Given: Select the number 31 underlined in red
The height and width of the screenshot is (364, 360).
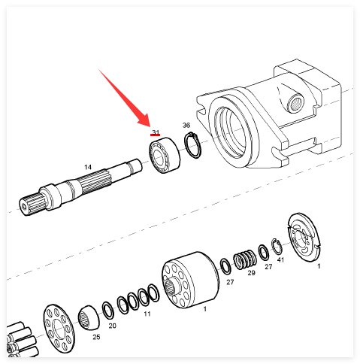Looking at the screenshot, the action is (x=156, y=132).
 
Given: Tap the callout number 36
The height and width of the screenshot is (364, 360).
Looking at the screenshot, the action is (x=186, y=125).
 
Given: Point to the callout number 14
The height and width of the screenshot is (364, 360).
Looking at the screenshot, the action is (x=88, y=167).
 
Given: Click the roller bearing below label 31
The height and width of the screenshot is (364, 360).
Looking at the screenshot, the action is (x=165, y=156).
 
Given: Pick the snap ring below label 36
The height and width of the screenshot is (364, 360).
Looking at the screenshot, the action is (x=192, y=145).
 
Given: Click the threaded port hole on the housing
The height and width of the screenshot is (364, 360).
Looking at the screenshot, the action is (x=295, y=103).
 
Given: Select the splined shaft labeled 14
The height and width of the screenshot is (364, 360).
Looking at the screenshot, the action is (x=80, y=187).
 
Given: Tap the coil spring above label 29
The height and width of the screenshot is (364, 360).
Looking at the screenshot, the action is (x=245, y=260).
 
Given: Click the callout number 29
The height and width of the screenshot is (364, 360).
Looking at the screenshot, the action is (x=251, y=273).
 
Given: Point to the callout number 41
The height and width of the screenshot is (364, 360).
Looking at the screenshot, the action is (x=280, y=259).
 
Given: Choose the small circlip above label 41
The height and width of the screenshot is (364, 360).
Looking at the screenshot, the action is (x=277, y=247).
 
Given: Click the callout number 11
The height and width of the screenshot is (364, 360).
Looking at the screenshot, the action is (x=147, y=314).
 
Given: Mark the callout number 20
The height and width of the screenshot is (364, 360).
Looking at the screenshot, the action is (x=112, y=326).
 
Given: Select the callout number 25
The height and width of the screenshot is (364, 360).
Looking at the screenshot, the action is (x=96, y=337).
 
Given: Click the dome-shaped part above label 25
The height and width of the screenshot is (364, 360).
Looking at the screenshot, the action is (x=89, y=317).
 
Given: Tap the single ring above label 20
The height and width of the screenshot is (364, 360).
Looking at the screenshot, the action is (x=108, y=311).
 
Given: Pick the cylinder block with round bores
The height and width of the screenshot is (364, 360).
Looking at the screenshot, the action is (x=191, y=280).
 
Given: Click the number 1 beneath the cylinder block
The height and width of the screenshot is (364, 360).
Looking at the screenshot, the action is (x=205, y=309).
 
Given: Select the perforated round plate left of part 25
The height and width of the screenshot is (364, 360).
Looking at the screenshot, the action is (x=59, y=329).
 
